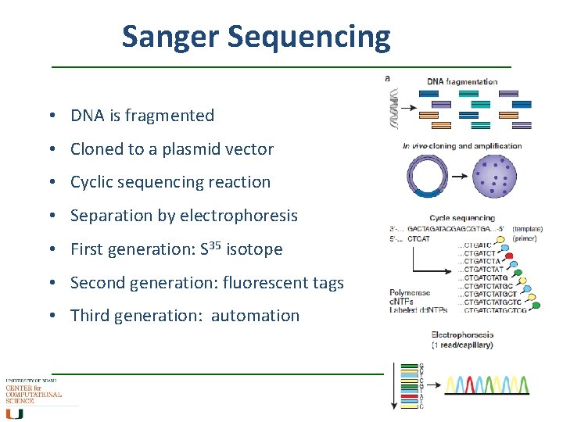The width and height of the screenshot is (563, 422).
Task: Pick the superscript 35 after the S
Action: click(x=217, y=245)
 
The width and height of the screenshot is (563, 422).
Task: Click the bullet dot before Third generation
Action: click(x=51, y=316)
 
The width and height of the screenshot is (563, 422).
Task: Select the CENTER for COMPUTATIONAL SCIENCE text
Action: click(x=33, y=395)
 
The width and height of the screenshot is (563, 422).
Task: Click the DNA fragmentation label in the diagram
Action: click(x=462, y=81)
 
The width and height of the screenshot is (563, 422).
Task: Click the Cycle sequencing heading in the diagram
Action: click(x=461, y=218)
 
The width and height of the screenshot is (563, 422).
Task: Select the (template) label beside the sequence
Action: click(x=529, y=228)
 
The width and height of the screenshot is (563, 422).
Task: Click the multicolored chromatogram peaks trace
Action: click(x=486, y=384)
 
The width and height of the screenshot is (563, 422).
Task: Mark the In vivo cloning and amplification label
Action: click(x=461, y=145)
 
